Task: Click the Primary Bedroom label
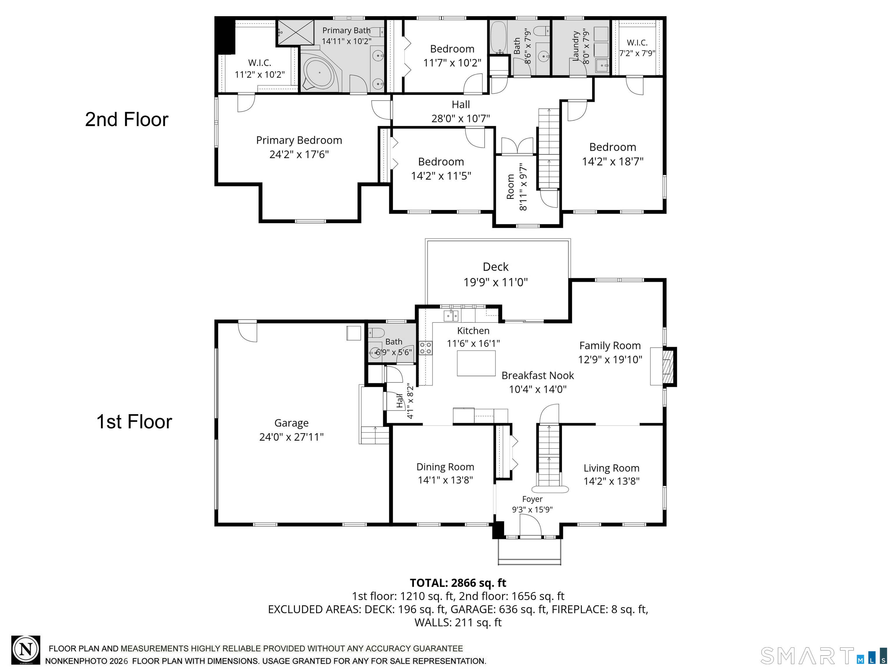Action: (x=299, y=140)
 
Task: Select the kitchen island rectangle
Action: (x=476, y=363)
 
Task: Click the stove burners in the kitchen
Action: (x=425, y=348)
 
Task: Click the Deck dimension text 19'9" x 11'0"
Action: (x=496, y=282)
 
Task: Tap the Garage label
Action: (x=291, y=423)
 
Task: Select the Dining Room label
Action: (x=445, y=467)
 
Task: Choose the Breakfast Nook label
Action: (x=538, y=375)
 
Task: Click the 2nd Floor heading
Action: (x=127, y=120)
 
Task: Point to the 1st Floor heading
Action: (x=134, y=422)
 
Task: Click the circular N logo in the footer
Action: (x=26, y=650)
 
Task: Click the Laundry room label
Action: (x=576, y=47)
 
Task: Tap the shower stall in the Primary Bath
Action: (x=295, y=32)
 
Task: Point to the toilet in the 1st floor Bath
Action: (x=376, y=333)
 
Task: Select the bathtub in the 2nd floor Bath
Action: (x=498, y=38)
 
